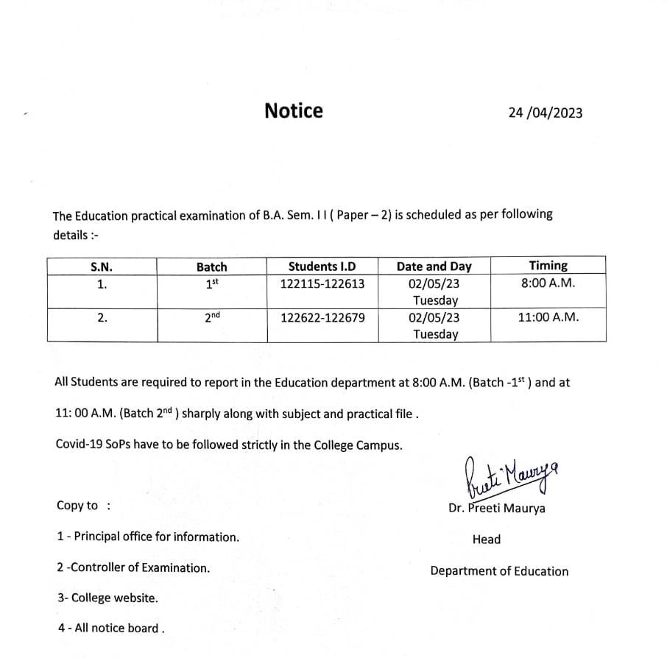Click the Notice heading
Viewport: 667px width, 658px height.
[x=293, y=111]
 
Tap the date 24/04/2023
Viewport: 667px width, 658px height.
[x=545, y=113]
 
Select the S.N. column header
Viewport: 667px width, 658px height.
[x=102, y=267]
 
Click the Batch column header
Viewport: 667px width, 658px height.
[x=211, y=267]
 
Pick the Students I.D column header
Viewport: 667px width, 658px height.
[x=322, y=266]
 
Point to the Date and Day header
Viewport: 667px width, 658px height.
[x=434, y=266]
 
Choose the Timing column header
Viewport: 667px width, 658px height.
[x=548, y=266]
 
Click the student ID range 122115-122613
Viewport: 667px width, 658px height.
[x=322, y=283]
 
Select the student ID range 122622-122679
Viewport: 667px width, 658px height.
[x=322, y=318]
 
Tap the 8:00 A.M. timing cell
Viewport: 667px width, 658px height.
[x=548, y=283]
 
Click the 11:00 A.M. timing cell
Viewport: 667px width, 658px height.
[x=548, y=318]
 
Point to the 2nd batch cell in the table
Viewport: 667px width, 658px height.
[x=212, y=317]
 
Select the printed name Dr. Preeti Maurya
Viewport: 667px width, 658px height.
[x=497, y=509]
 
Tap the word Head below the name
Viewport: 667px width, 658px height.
[x=486, y=540]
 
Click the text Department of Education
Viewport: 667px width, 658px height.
[x=499, y=571]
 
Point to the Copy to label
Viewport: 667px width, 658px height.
[x=78, y=506]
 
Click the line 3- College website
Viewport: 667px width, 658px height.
[x=107, y=598]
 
